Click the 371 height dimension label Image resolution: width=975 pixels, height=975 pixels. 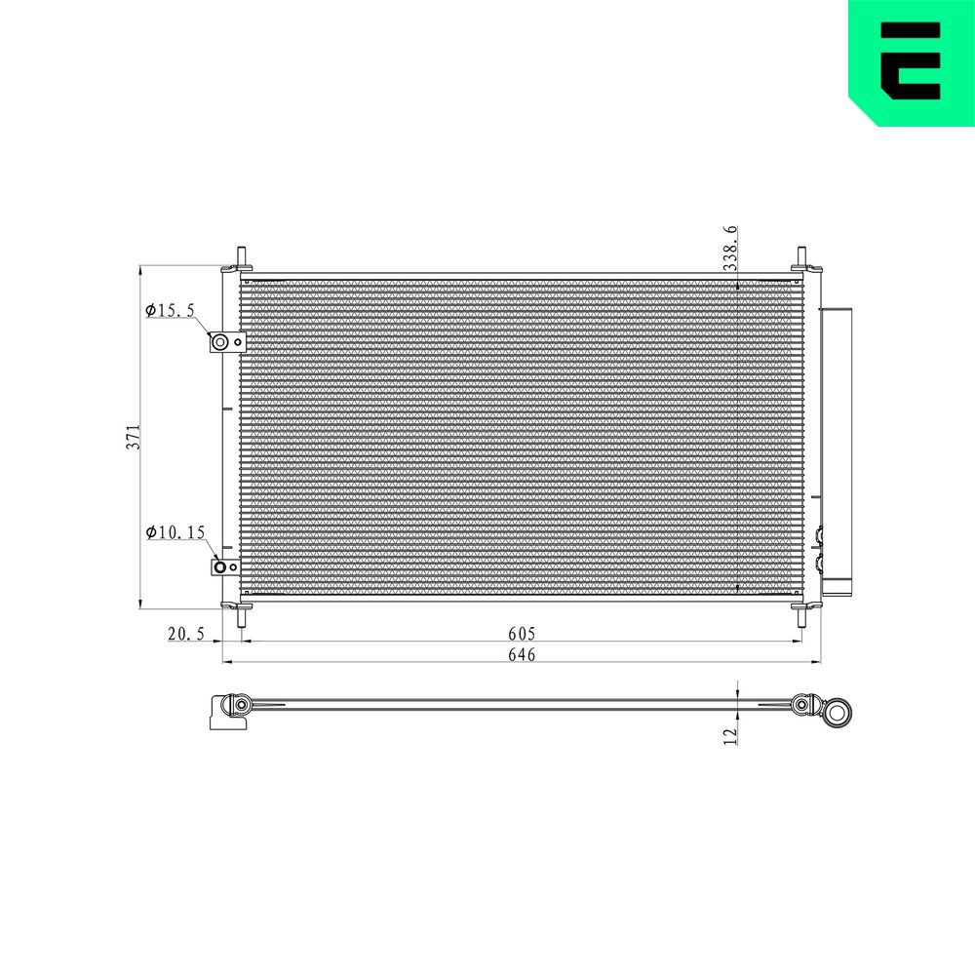pos(136,437)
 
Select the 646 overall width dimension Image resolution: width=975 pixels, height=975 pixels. pos(522,655)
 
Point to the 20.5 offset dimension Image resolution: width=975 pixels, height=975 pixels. pos(185,635)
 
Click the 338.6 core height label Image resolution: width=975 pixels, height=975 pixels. pos(729,249)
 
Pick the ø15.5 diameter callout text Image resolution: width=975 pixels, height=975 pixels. pos(171,311)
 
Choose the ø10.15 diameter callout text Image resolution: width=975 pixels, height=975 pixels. pos(175,532)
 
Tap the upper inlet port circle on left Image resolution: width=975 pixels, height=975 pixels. pos(221,341)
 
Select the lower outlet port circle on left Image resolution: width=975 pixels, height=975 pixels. pos(221,568)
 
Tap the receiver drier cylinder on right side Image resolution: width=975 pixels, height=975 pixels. pos(837,448)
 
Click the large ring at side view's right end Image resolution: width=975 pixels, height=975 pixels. pos(837,710)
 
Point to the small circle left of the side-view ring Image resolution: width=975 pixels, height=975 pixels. pos(803,705)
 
